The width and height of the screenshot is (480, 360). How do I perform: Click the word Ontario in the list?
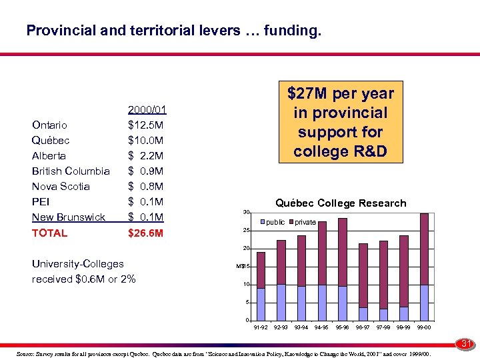(49, 125)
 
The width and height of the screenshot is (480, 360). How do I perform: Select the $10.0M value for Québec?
(145, 141)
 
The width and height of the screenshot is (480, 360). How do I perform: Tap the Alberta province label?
(49, 156)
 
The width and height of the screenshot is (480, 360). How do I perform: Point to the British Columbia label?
(71, 171)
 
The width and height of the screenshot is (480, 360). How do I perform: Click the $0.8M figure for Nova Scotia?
(145, 187)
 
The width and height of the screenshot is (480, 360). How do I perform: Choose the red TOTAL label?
(49, 233)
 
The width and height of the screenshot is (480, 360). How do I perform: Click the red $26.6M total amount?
(146, 233)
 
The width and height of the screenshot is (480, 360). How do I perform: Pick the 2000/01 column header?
(147, 110)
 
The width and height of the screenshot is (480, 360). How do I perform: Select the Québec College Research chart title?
(341, 203)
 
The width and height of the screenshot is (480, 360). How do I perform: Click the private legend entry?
(305, 222)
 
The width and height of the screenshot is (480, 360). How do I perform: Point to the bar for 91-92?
(261, 286)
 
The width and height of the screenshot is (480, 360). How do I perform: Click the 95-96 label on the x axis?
(343, 327)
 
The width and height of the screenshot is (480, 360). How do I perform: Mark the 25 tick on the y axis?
(245, 231)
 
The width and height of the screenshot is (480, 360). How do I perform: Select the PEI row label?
(40, 202)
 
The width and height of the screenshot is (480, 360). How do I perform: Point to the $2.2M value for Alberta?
(145, 156)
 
